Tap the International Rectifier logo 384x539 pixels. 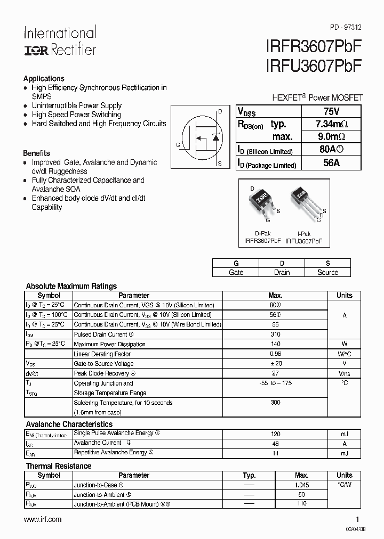click(x=60, y=41)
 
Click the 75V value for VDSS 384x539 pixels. click(x=331, y=111)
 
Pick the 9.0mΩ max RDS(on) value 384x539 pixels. click(x=331, y=137)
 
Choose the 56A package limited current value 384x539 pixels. click(x=331, y=164)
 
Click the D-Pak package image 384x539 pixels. click(x=261, y=203)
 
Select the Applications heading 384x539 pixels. click(x=44, y=78)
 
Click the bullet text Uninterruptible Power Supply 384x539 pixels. click(x=76, y=105)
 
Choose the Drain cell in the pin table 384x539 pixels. click(x=282, y=272)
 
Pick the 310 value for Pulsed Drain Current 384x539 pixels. click(x=275, y=334)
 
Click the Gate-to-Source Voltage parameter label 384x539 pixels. click(x=103, y=363)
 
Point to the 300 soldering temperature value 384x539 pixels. click(x=275, y=403)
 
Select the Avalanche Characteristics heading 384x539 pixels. click(x=69, y=424)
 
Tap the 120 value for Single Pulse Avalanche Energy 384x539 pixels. click(x=275, y=434)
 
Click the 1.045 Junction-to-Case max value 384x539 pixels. click(x=302, y=485)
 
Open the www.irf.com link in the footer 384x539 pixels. click(x=43, y=519)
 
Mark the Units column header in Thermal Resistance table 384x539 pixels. click(x=344, y=475)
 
